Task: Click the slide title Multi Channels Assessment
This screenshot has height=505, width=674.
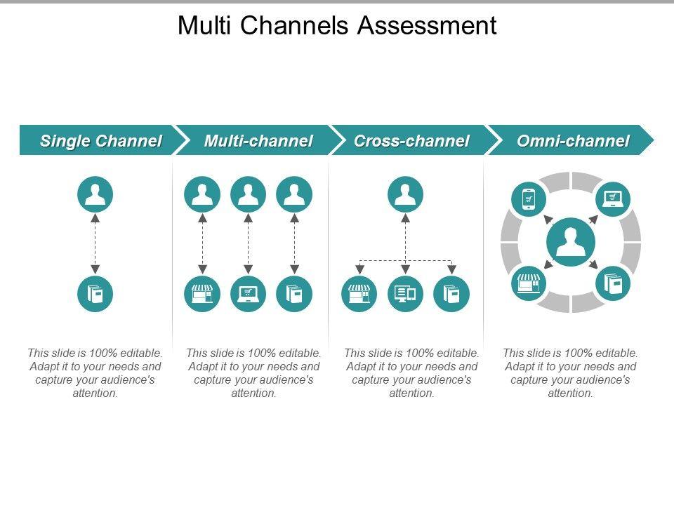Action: pyautogui.click(x=337, y=25)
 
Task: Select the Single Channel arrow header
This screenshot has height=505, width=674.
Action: pyautogui.click(x=101, y=140)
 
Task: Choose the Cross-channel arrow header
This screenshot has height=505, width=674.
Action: pyautogui.click(x=411, y=140)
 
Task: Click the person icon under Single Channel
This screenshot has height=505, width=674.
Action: pyautogui.click(x=95, y=194)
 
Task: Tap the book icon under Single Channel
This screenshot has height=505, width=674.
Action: pyautogui.click(x=95, y=294)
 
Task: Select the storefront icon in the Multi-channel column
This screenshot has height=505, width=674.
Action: pyautogui.click(x=202, y=294)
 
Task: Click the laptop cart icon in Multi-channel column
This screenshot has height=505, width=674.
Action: pyautogui.click(x=248, y=294)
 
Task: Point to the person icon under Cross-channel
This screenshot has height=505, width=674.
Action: pyautogui.click(x=405, y=194)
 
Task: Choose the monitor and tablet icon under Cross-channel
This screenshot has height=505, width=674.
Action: pyautogui.click(x=405, y=294)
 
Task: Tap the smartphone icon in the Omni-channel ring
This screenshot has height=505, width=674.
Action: pyautogui.click(x=529, y=199)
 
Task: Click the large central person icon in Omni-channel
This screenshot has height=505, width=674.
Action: pyautogui.click(x=571, y=242)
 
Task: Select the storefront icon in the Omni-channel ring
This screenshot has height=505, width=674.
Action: pyautogui.click(x=529, y=283)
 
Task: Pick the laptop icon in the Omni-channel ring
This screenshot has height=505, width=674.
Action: pyautogui.click(x=613, y=199)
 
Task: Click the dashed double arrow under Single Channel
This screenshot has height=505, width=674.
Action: pyautogui.click(x=95, y=244)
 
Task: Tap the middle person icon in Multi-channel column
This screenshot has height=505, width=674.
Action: pyautogui.click(x=248, y=194)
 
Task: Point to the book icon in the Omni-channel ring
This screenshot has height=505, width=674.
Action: pyautogui.click(x=613, y=283)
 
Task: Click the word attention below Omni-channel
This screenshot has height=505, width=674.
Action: pyautogui.click(x=570, y=393)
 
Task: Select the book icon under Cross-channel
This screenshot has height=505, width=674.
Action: pyautogui.click(x=451, y=294)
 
